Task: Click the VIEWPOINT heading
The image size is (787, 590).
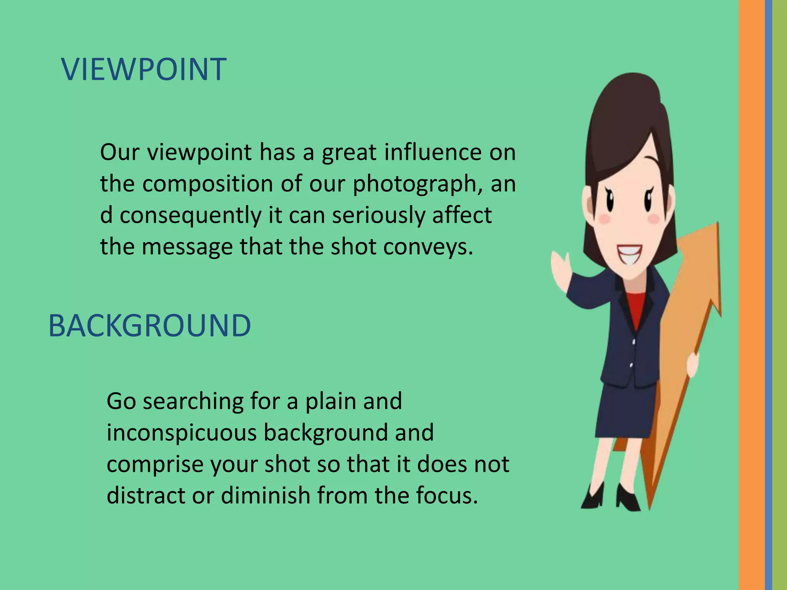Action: point(144,70)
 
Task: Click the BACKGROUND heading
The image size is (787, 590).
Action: point(149,326)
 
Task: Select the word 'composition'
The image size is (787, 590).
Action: point(208,184)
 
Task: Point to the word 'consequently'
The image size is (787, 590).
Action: point(191,215)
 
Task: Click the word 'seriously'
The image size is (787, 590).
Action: point(379,215)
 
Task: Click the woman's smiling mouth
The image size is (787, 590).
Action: point(629,254)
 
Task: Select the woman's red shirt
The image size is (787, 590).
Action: point(636,307)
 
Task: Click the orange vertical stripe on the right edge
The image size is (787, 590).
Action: point(752,295)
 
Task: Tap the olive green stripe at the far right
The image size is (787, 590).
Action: point(780,295)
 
